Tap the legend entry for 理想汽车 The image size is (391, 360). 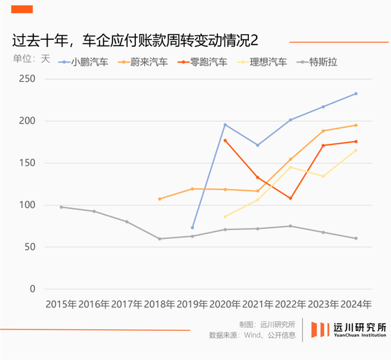tap(267, 62)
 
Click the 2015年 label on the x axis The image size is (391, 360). tap(61, 304)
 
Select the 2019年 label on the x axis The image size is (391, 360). tap(193, 304)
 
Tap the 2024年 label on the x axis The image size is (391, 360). tap(355, 304)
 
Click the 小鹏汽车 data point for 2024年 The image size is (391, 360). tap(355, 93)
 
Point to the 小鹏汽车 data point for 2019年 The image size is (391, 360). tap(193, 228)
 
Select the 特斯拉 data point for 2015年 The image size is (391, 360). tap(61, 207)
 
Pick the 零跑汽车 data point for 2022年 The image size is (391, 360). tap(291, 198)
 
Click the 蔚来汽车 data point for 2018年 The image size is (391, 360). tap(159, 199)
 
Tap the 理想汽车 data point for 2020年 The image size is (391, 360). tap(225, 217)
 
